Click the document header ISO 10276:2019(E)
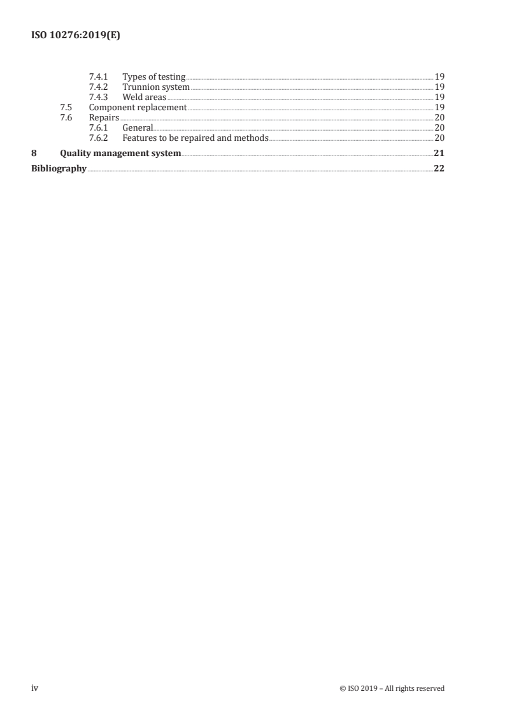[75, 36]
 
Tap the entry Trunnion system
[156, 87]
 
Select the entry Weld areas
[145, 97]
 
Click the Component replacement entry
[138, 108]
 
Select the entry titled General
[138, 127]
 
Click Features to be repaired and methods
[195, 138]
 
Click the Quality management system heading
[120, 154]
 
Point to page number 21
[439, 154]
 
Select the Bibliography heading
[59, 170]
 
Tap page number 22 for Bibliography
[439, 170]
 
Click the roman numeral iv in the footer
[35, 688]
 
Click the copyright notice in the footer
[392, 688]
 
